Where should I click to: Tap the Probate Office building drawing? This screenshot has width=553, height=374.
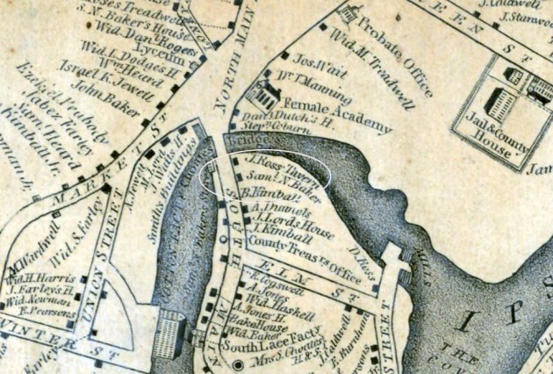point(348,14)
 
